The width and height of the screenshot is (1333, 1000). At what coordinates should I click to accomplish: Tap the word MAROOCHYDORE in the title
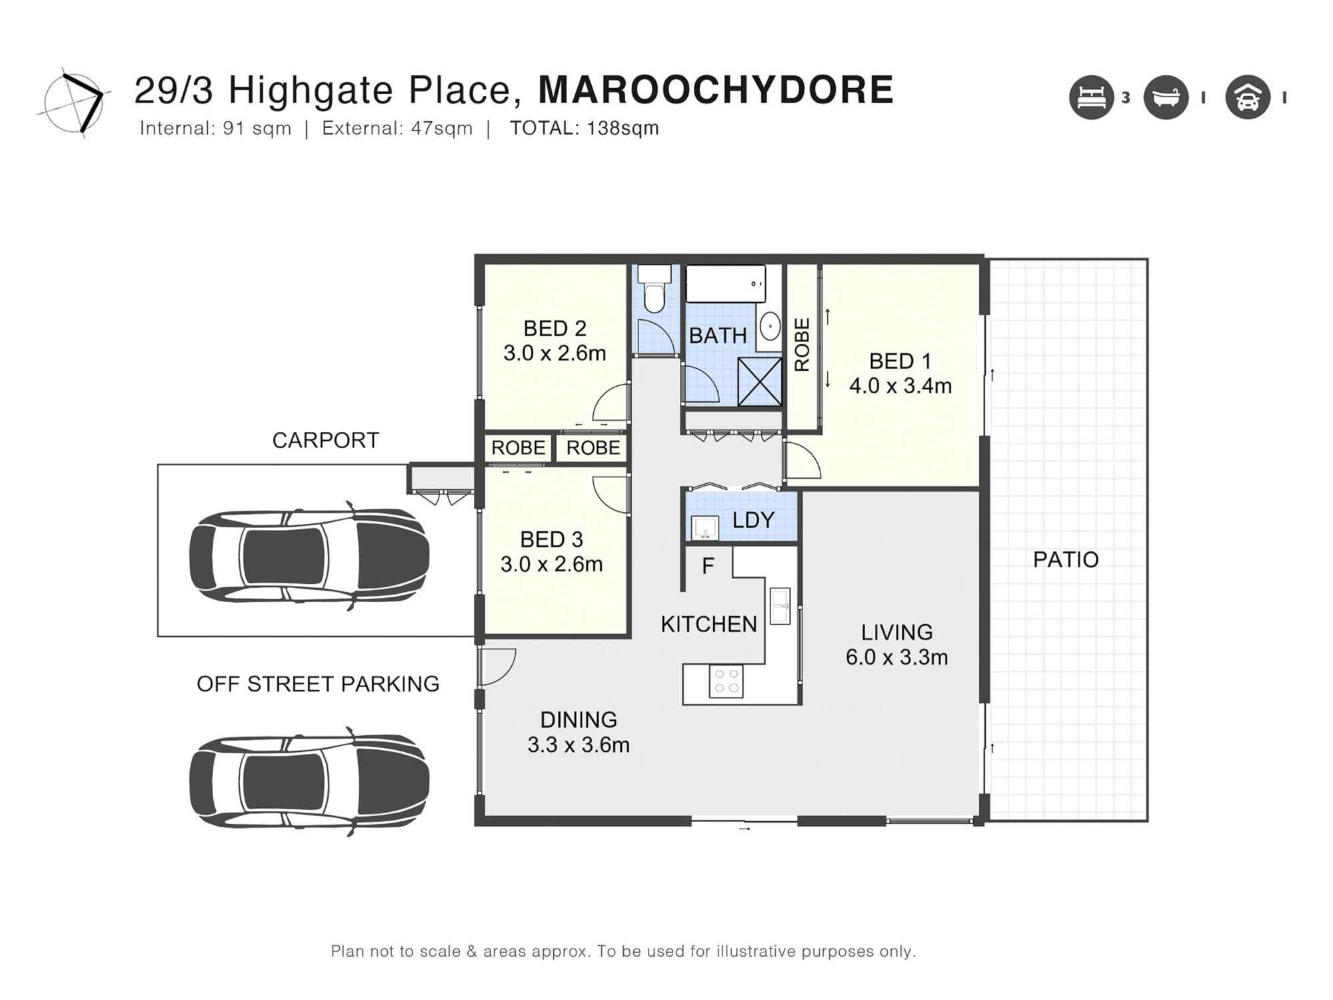click(x=715, y=90)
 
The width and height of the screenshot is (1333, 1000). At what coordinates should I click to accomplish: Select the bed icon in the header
click(x=1091, y=97)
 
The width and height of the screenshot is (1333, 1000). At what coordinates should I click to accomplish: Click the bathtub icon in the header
click(x=1166, y=97)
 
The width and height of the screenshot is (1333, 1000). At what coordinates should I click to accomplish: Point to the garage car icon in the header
click(x=1248, y=97)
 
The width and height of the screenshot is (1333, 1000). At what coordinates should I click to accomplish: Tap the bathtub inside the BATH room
click(x=725, y=283)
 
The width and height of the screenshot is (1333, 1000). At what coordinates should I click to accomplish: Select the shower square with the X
click(x=760, y=381)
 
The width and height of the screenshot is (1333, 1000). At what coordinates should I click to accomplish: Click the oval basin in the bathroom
click(x=771, y=327)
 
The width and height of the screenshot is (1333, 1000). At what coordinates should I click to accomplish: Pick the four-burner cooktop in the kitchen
click(x=726, y=681)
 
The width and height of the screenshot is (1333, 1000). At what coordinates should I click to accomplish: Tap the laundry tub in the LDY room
click(x=704, y=527)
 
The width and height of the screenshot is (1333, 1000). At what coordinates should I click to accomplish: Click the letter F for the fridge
click(x=708, y=567)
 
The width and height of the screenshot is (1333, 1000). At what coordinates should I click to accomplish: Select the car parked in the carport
click(x=309, y=556)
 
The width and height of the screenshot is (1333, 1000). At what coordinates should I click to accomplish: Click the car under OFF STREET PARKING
click(x=309, y=781)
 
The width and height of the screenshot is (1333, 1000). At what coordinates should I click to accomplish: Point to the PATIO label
click(x=1065, y=559)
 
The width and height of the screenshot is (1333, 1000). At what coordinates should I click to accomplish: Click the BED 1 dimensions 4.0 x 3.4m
click(x=900, y=386)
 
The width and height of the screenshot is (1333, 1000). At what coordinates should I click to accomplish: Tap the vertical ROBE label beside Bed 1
click(x=802, y=345)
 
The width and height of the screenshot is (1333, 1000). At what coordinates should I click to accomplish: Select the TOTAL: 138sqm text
click(x=584, y=128)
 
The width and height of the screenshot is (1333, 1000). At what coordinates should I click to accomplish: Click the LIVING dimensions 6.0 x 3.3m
click(x=896, y=657)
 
